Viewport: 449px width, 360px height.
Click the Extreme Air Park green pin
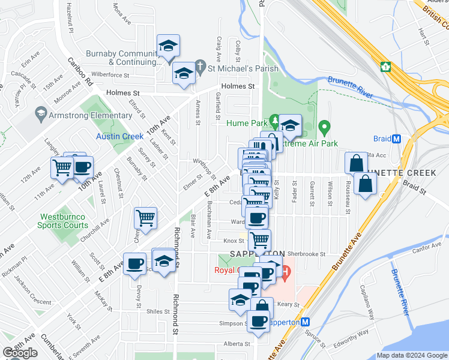tap(324, 127)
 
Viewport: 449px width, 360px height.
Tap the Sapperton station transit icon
tap(305, 322)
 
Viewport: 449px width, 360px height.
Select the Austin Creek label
tap(120, 136)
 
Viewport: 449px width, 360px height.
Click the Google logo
tap(20, 352)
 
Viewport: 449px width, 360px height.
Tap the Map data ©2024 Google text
tap(411, 355)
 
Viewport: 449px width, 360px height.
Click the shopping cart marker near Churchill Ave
tap(146, 218)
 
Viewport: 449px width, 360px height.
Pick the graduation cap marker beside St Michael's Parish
tap(183, 74)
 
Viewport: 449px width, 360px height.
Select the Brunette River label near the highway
tap(349, 88)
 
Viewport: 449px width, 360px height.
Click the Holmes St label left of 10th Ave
tap(122, 93)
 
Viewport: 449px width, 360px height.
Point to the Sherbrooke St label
tap(306, 254)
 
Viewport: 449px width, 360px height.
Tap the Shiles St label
tap(158, 311)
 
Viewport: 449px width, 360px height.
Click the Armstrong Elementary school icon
tap(41, 113)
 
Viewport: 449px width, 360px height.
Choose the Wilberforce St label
tap(110, 75)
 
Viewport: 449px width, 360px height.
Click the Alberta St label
tap(237, 344)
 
